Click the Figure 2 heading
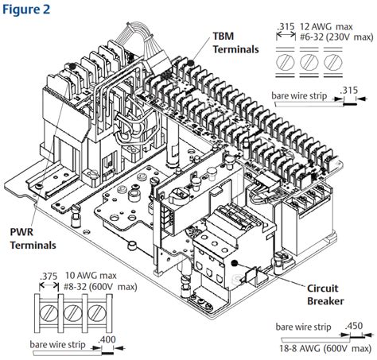pos(26,10)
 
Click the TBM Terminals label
pos(235,43)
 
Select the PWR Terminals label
pos(33,238)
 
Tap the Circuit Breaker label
pos(325,295)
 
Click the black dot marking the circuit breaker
pos(234,263)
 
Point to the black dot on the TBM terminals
pos(190,63)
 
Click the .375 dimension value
pos(49,277)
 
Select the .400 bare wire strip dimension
pos(107,339)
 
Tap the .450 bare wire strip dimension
pos(354,326)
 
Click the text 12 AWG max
pos(326,27)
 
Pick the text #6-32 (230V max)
pos(336,37)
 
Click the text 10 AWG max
pos(91,276)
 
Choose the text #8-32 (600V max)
pos(100,286)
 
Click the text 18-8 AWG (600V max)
pos(326,348)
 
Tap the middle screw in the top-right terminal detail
pos(309,62)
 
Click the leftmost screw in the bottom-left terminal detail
pos(49,312)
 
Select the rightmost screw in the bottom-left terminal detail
pos(96,312)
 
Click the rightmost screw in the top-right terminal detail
pos(333,62)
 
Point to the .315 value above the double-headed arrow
pos(286,27)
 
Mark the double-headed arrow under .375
pos(49,286)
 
